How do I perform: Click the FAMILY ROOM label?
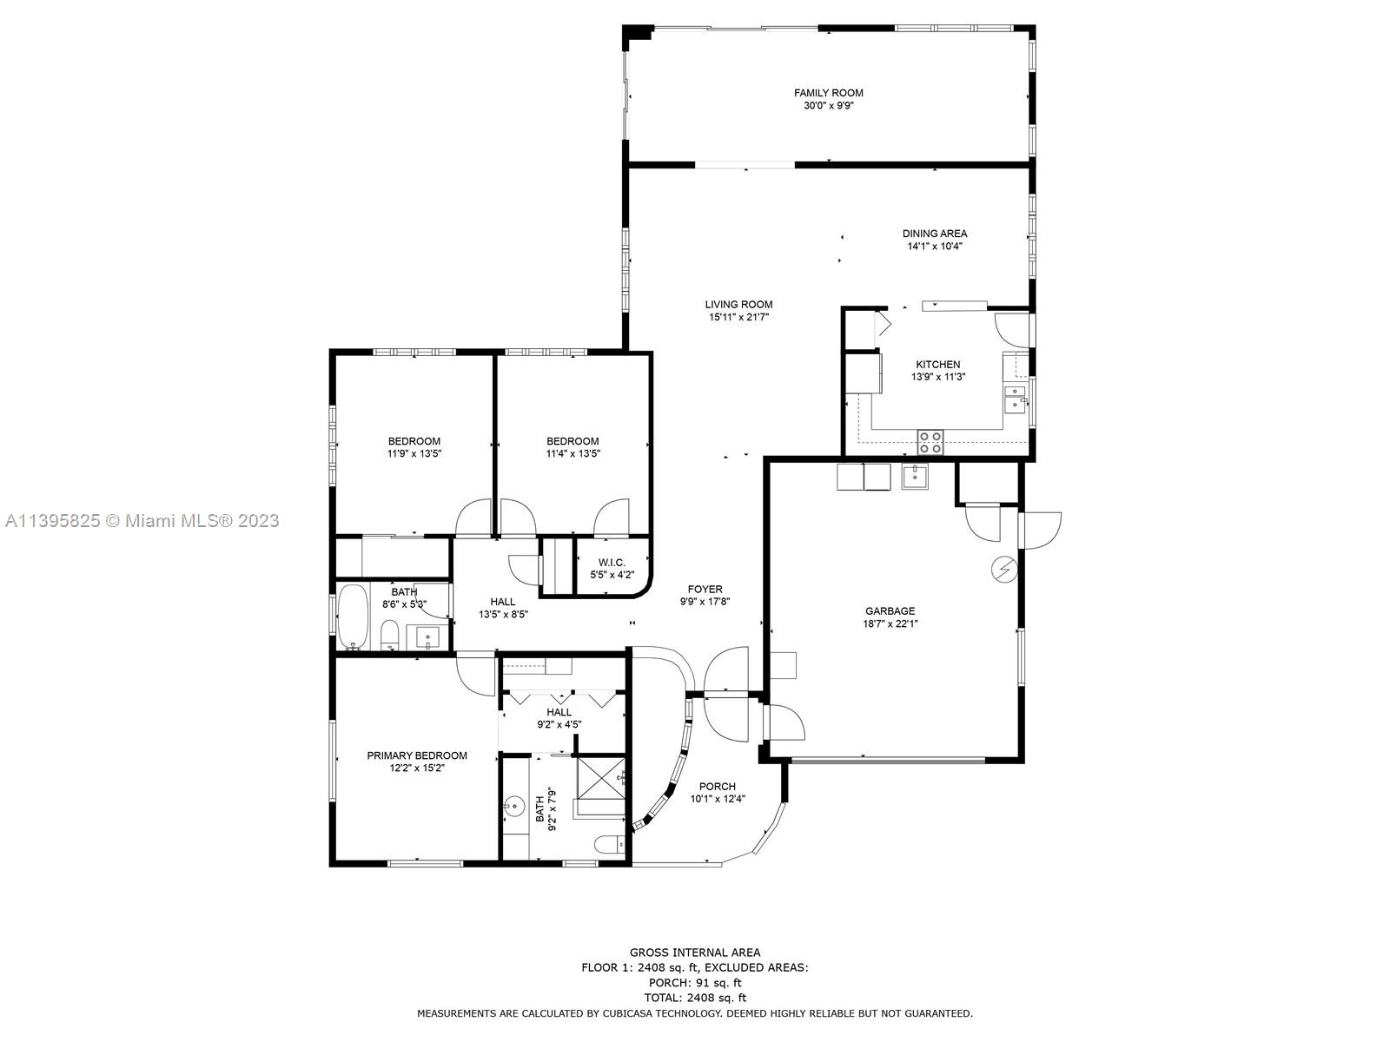click(828, 93)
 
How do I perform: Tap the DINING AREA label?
click(935, 234)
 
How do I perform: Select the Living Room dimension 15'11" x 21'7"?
click(738, 317)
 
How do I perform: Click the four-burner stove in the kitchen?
click(930, 442)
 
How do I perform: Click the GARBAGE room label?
click(890, 610)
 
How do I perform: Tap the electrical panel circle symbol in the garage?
click(1004, 570)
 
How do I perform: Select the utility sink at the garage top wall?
click(915, 476)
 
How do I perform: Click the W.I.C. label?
click(611, 563)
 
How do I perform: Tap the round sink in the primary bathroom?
click(514, 806)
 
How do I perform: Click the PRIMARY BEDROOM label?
click(417, 755)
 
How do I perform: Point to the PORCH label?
click(717, 787)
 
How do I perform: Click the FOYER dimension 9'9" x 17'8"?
click(705, 602)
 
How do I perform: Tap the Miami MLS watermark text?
click(142, 521)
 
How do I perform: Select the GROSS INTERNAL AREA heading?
click(695, 953)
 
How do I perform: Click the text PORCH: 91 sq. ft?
click(695, 983)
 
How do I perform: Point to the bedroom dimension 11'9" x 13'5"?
click(414, 453)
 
